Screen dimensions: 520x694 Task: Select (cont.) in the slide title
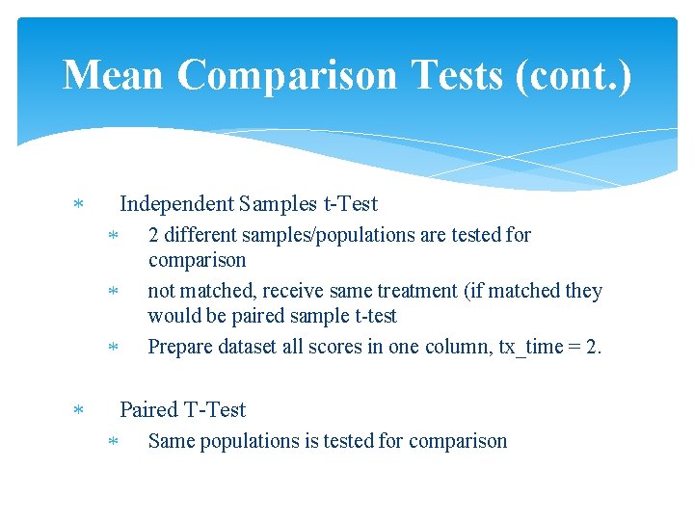click(x=574, y=75)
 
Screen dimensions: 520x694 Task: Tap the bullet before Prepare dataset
click(x=112, y=348)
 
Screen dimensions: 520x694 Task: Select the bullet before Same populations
click(x=112, y=442)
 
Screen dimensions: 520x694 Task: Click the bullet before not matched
click(x=112, y=292)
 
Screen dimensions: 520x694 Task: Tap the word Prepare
click(x=181, y=347)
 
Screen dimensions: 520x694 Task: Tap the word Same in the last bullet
click(x=171, y=441)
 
